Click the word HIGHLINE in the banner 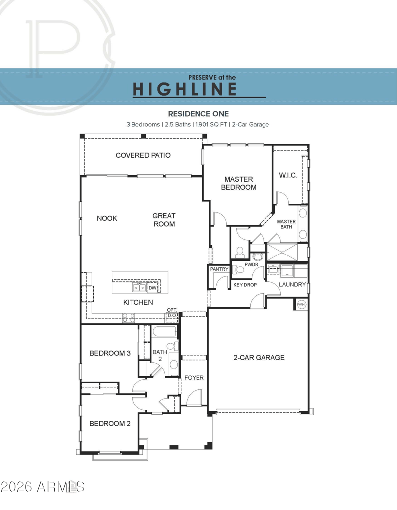tap(185, 89)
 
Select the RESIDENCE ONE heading tap(198, 114)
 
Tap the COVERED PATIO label tap(143, 155)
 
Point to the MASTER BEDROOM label tap(239, 183)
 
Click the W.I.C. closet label tap(288, 175)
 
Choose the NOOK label tap(107, 218)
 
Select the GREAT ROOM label tap(164, 220)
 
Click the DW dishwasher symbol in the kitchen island tap(153, 288)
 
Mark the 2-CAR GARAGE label tap(259, 358)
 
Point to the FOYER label tap(194, 378)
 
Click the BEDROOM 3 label tap(110, 353)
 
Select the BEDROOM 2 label tap(110, 423)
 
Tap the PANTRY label tap(219, 269)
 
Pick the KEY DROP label tap(245, 285)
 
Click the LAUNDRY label tap(292, 284)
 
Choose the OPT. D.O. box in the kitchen tap(172, 313)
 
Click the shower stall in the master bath tap(282, 252)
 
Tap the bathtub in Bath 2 tap(165, 332)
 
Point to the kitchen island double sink tap(139, 288)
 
